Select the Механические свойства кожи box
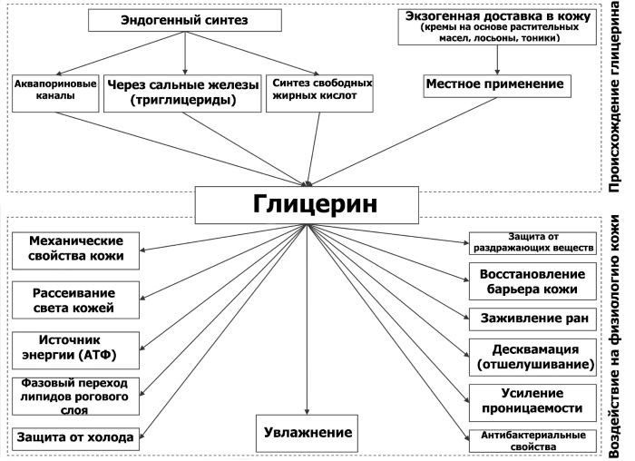tap(76, 250)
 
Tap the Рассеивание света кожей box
tap(76, 300)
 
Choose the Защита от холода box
tap(76, 437)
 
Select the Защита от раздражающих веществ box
tap(532, 242)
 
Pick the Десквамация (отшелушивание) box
tap(532, 357)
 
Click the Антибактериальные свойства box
tap(532, 441)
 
